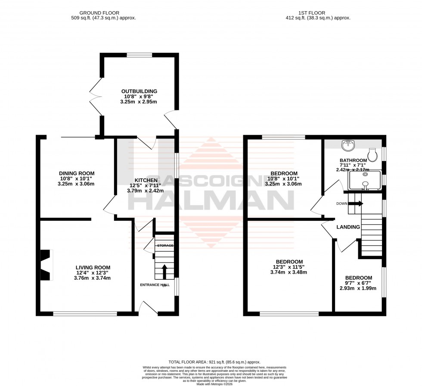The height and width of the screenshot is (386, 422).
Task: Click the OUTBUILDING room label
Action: (139, 91)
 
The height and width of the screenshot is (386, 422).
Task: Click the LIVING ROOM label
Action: (93, 267)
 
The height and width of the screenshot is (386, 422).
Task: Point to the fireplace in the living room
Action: (47, 265)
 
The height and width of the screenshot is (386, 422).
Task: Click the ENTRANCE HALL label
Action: (155, 285)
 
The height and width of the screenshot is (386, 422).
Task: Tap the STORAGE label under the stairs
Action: (165, 245)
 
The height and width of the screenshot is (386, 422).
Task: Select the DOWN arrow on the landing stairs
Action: (359, 204)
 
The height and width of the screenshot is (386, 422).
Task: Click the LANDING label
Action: (348, 227)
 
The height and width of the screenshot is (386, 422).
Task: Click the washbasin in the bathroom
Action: (348, 146)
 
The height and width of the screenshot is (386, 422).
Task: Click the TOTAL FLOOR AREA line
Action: (214, 362)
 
